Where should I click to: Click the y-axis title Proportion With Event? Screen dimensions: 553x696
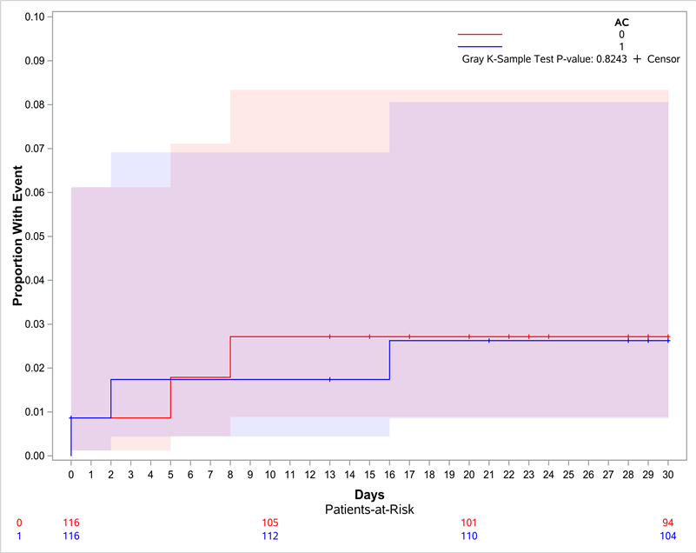pos(17,237)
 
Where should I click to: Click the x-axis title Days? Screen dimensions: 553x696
pos(369,494)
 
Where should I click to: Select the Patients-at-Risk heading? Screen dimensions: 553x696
pos(369,509)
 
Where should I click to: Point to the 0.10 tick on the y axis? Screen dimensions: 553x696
pos(36,17)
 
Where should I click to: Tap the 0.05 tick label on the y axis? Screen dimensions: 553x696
pos(36,237)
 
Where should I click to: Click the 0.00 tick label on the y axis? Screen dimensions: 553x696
pos(36,456)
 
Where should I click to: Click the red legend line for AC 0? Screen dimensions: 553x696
pos(480,34)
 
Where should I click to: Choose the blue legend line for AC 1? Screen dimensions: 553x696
pos(480,46)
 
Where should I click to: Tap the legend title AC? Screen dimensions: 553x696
pos(621,22)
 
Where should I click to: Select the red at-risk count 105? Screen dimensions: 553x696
pos(270,523)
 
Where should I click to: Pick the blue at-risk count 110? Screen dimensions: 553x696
pos(469,536)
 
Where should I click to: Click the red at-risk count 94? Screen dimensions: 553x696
pos(668,523)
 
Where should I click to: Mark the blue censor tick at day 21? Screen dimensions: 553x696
pos(489,341)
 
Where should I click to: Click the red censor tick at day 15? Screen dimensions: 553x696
pos(369,336)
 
